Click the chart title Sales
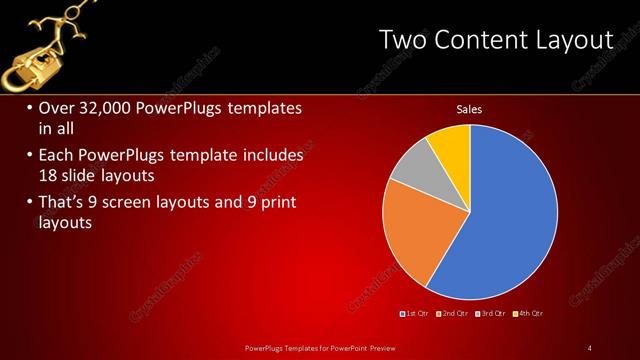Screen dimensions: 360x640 (x=470, y=109)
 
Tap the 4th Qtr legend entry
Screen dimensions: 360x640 (x=530, y=314)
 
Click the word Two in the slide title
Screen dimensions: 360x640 (x=404, y=40)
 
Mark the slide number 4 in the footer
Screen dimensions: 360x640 (x=590, y=347)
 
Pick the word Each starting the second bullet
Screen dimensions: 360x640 (x=55, y=155)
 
